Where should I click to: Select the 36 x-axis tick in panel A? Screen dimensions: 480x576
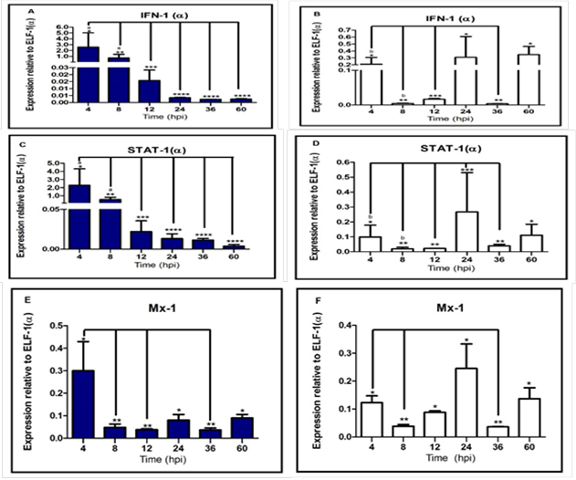(x=211, y=111)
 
